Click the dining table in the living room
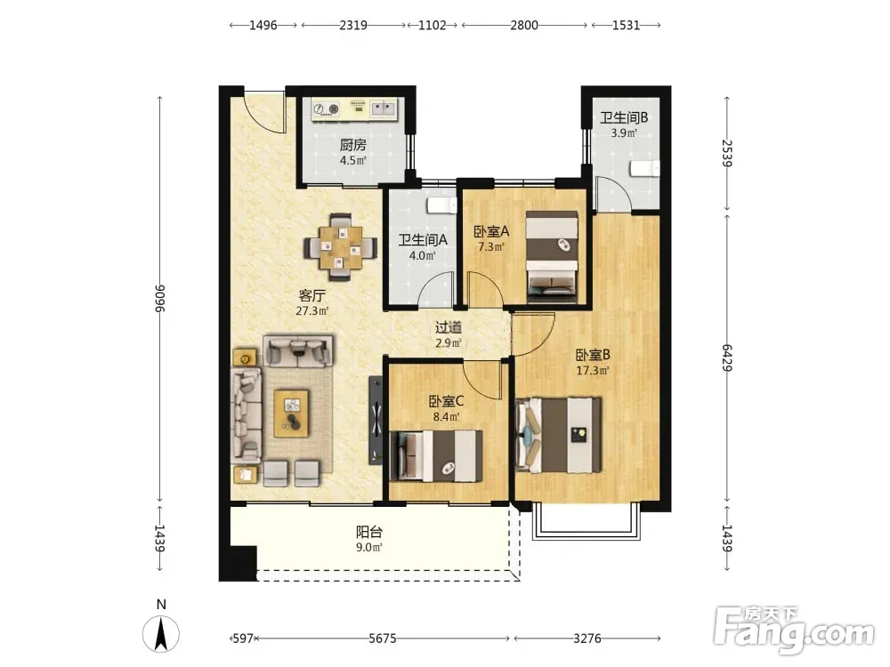pos(341,247)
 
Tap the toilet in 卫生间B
pos(645,168)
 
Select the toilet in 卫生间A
pos(441,205)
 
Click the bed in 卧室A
pos(552,254)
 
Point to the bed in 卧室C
pos(436,455)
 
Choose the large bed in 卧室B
pos(559,435)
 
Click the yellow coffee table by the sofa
pos(291,413)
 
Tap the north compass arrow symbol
pos(161,634)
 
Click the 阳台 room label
pos(369,532)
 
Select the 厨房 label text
pos(353,145)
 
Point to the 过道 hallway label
pos(449,328)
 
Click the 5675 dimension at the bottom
pos(382,639)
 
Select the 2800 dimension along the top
pos(524,25)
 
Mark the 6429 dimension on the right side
pos(727,358)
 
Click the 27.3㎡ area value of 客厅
pos(312,310)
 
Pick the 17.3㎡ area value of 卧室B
pos(593,371)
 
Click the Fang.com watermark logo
pos(794,630)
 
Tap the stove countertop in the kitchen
pos(355,108)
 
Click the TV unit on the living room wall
pos(376,421)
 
